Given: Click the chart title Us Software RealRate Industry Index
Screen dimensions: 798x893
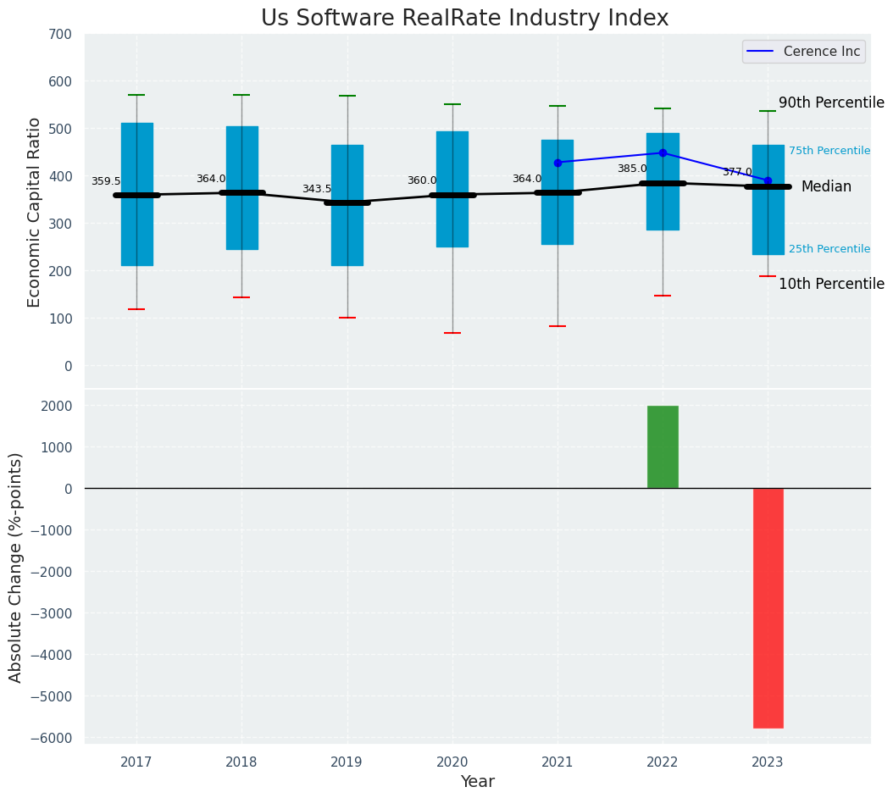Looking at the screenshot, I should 464,19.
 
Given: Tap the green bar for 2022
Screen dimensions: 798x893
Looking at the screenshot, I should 663,446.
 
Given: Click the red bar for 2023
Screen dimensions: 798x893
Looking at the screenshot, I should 768,607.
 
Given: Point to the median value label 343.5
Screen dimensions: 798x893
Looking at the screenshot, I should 317,189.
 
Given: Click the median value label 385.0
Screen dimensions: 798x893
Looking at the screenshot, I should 632,169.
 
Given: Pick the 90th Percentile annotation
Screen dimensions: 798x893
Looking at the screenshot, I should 831,103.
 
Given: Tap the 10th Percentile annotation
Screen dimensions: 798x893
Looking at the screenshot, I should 831,284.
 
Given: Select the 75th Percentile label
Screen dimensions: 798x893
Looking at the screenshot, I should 829,151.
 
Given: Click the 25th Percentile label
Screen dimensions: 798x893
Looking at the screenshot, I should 829,249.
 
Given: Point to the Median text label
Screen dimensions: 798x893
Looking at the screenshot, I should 826,186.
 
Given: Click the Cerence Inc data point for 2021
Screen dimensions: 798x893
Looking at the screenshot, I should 557,163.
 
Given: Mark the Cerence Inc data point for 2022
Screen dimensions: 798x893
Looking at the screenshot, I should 663,153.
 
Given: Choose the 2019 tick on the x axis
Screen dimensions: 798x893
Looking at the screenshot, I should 347,762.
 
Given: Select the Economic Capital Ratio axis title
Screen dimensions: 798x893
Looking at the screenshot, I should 34,211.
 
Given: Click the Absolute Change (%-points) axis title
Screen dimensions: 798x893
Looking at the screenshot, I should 15,567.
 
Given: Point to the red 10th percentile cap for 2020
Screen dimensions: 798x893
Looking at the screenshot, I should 452,333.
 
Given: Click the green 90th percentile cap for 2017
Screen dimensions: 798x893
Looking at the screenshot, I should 136,95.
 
